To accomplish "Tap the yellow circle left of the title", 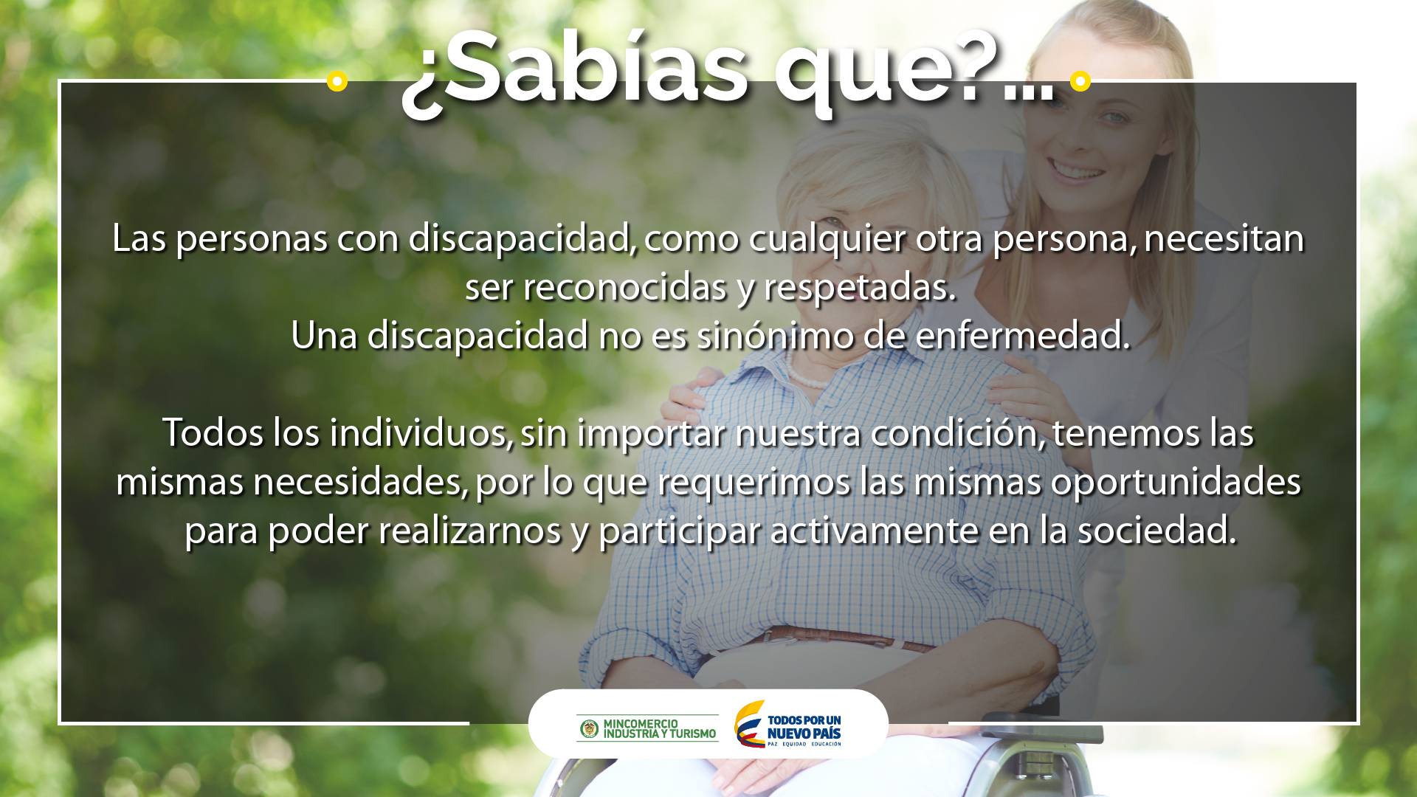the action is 337,80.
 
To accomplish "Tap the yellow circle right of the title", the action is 1080,80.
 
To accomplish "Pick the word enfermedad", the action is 1022,336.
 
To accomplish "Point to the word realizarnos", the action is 470,531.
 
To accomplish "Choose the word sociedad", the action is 1156,531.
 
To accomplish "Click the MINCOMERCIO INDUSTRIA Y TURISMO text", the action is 660,729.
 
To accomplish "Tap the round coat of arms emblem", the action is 589,729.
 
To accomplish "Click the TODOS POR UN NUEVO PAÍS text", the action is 804,727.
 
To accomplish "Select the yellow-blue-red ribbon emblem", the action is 749,724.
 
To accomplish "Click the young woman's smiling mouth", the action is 1077,171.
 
